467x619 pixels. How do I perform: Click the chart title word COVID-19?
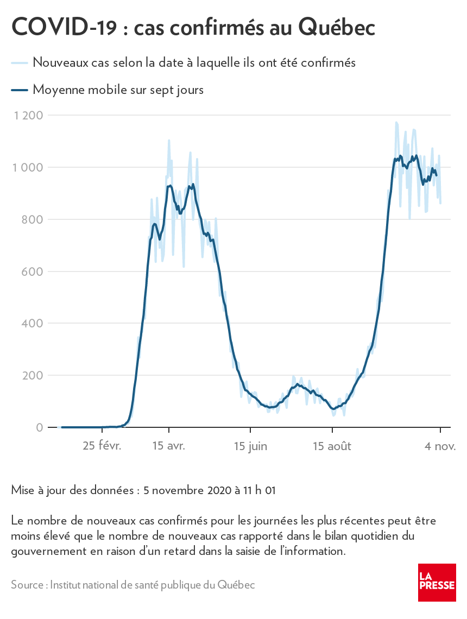pos(64,27)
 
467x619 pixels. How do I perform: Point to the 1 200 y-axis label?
pos(29,115)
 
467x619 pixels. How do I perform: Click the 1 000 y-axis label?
pos(29,167)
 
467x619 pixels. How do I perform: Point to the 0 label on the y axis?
pos(40,428)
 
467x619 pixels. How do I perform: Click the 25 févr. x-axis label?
pos(102,446)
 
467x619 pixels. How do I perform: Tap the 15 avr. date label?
pos(169,446)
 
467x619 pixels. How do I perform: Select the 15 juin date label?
pos(250,446)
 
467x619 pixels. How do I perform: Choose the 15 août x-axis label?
pos(332,446)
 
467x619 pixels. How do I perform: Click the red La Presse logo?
pos(437,582)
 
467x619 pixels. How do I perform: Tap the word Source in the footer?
pos(28,585)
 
